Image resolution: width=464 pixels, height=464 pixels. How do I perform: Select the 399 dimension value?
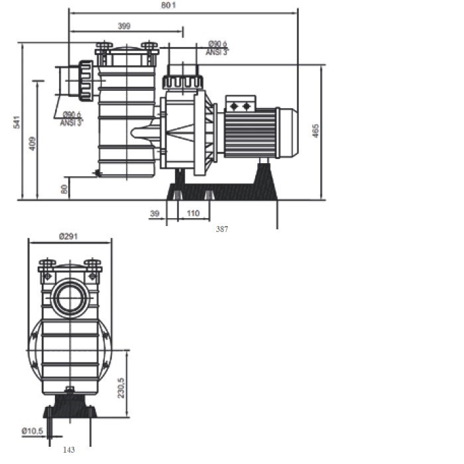click(124, 26)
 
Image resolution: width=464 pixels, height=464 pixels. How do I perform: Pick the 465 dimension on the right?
click(316, 131)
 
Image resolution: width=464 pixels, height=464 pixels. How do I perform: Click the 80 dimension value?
click(64, 188)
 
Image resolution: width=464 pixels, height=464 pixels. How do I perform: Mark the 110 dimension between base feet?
click(193, 213)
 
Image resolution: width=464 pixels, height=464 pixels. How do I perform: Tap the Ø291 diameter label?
click(70, 235)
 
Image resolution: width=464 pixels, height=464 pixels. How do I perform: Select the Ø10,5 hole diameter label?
click(32, 431)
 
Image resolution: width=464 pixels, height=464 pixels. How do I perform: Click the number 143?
click(69, 449)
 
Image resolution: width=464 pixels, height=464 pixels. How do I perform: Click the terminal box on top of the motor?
click(240, 105)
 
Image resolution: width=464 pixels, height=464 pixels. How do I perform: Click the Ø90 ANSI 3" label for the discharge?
click(217, 48)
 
